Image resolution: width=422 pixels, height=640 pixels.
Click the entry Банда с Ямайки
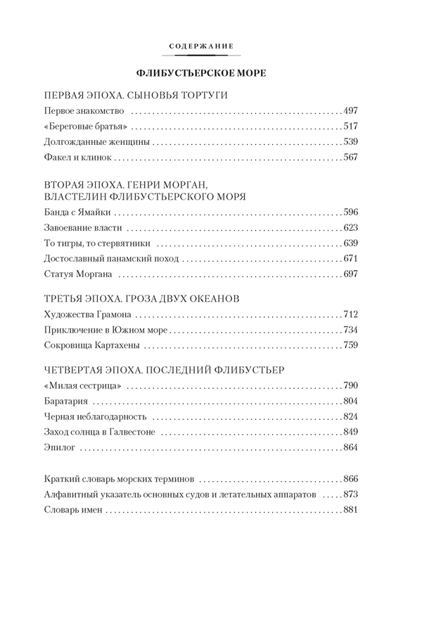77,212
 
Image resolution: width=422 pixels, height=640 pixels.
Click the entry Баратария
65,400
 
